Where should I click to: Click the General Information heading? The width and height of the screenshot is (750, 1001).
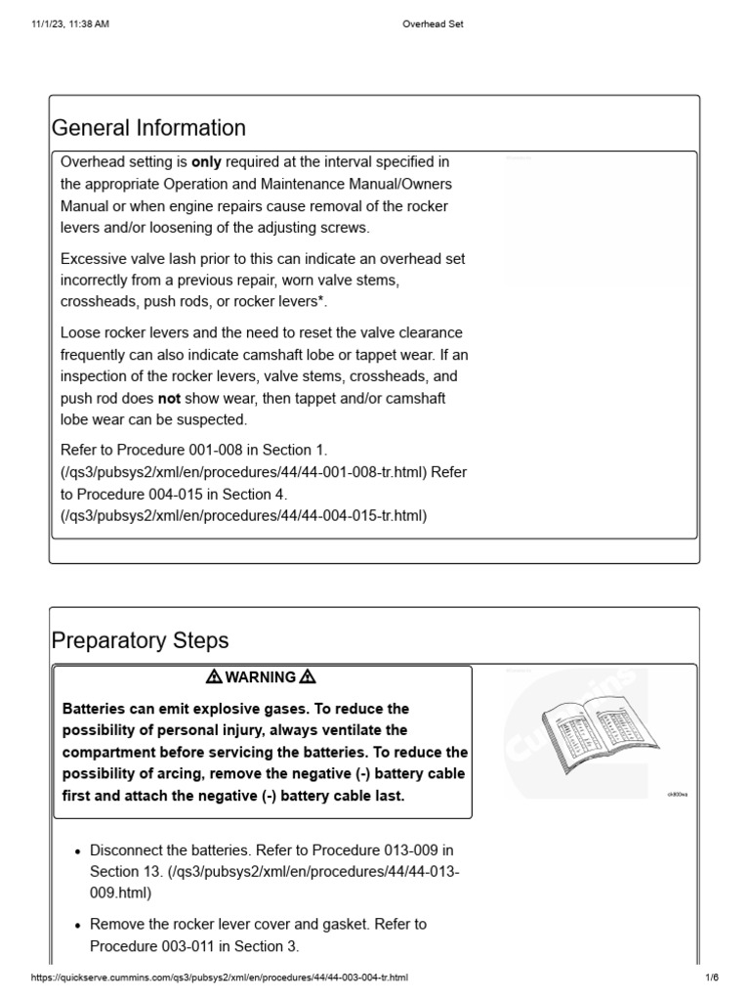pyautogui.click(x=148, y=128)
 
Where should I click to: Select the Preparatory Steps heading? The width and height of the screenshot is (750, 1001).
pyautogui.click(x=140, y=640)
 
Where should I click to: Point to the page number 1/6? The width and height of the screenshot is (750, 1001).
pyautogui.click(x=712, y=978)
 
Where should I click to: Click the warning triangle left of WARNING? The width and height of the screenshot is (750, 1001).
pyautogui.click(x=214, y=676)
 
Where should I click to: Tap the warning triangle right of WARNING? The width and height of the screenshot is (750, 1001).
pyautogui.click(x=308, y=676)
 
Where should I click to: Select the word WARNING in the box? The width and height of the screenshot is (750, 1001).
pyautogui.click(x=261, y=676)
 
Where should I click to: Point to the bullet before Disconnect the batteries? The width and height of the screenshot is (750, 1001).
pyautogui.click(x=76, y=850)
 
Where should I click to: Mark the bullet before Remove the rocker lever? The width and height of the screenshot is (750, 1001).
pyautogui.click(x=76, y=925)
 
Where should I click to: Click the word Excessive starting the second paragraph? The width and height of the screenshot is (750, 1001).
pyautogui.click(x=96, y=259)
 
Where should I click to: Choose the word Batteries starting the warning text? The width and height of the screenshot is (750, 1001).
pyautogui.click(x=95, y=708)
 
